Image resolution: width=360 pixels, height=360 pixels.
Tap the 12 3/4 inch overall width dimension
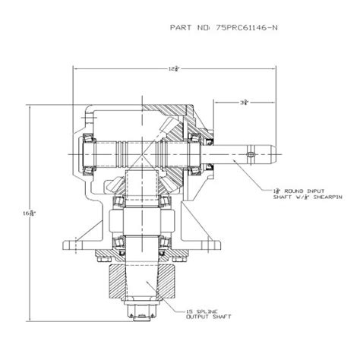176,69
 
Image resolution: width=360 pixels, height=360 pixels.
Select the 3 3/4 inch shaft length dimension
242,101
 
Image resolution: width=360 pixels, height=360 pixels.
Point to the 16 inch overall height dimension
29,214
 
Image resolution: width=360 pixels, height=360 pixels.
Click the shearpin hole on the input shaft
245,158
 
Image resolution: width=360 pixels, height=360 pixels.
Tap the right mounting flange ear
215,244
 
